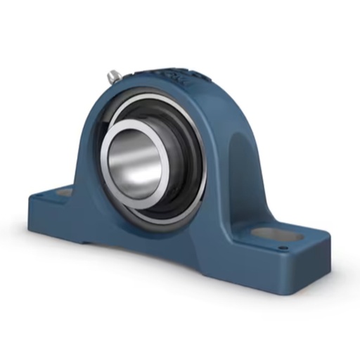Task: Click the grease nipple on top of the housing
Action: [112, 75]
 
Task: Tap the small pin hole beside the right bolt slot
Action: [283, 247]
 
